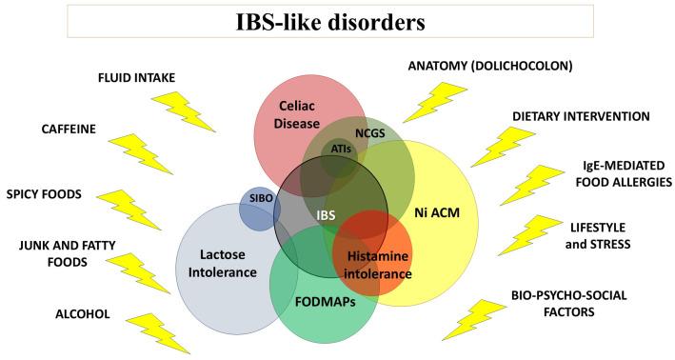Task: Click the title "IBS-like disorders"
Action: click(338, 20)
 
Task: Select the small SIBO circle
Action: click(259, 208)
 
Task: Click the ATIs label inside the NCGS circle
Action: click(339, 150)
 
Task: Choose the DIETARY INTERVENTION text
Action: click(581, 116)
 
